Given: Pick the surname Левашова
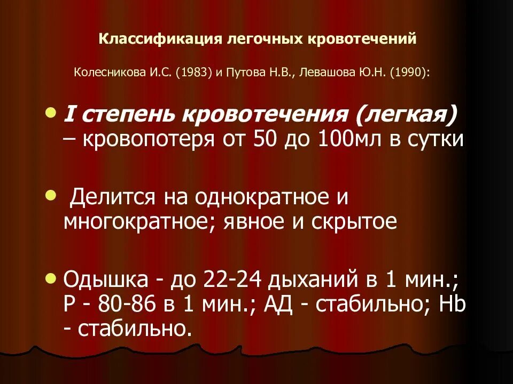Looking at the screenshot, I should tap(331, 71).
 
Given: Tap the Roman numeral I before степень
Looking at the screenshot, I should tap(68, 114).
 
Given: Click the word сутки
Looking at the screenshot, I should tap(439, 139).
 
